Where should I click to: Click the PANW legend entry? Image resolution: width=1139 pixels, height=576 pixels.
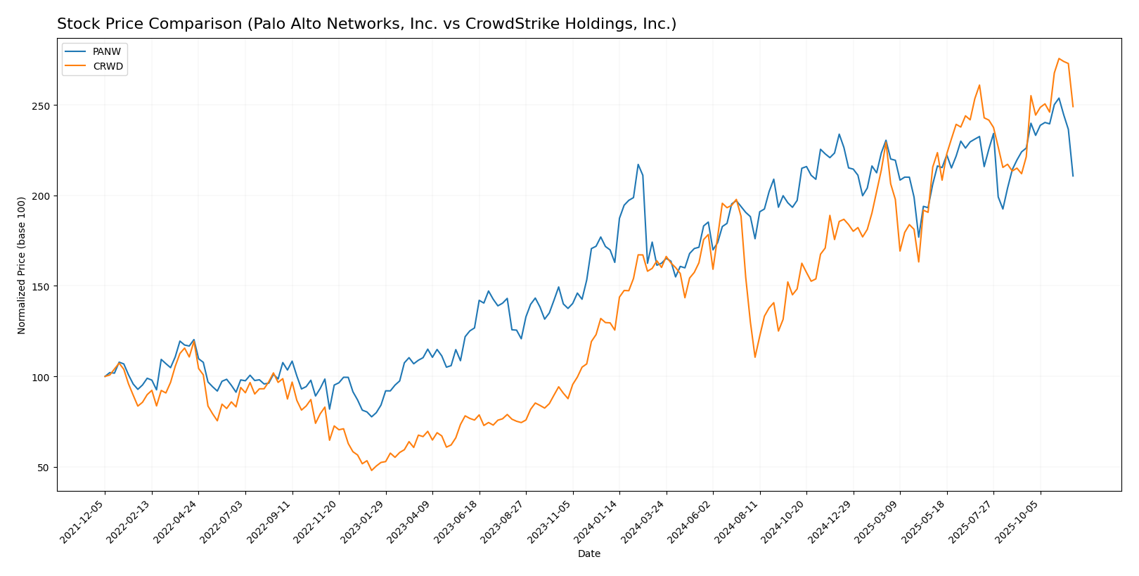tap(106, 52)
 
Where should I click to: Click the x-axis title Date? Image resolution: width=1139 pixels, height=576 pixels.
tap(588, 554)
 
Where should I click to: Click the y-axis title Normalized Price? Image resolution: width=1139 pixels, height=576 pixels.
tap(22, 265)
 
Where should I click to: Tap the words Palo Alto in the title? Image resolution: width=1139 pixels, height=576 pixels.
tap(297, 25)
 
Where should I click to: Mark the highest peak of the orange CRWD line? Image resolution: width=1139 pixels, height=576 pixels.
tap(1059, 58)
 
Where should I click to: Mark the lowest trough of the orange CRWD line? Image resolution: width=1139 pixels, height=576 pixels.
tap(371, 470)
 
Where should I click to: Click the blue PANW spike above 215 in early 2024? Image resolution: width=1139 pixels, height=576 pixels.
tap(638, 165)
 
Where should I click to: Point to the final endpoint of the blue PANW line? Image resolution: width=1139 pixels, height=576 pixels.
tap(1073, 176)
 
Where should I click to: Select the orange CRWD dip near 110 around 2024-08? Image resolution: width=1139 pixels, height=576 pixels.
tap(755, 357)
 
